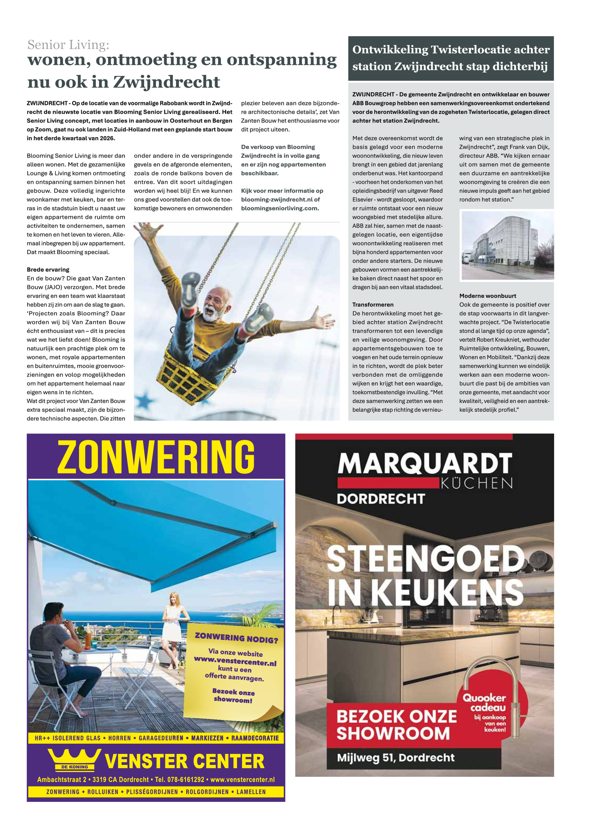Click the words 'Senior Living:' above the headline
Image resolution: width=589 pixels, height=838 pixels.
coord(68,45)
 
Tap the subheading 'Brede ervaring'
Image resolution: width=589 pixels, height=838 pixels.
coord(48,269)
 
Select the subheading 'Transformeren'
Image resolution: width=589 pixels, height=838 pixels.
coord(373,304)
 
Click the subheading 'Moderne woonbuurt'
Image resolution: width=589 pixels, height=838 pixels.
coord(487,296)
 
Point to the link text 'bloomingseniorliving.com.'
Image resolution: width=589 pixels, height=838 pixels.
coord(280,208)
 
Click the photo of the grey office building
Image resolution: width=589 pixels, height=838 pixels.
coord(507,245)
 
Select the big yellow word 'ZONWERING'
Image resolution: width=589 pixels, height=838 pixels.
coord(156,457)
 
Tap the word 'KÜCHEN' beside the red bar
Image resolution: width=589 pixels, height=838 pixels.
coord(477,483)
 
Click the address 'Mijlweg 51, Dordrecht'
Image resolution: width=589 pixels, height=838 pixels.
coord(396,757)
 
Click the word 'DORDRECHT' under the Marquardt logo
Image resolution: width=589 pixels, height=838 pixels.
coord(381,499)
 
